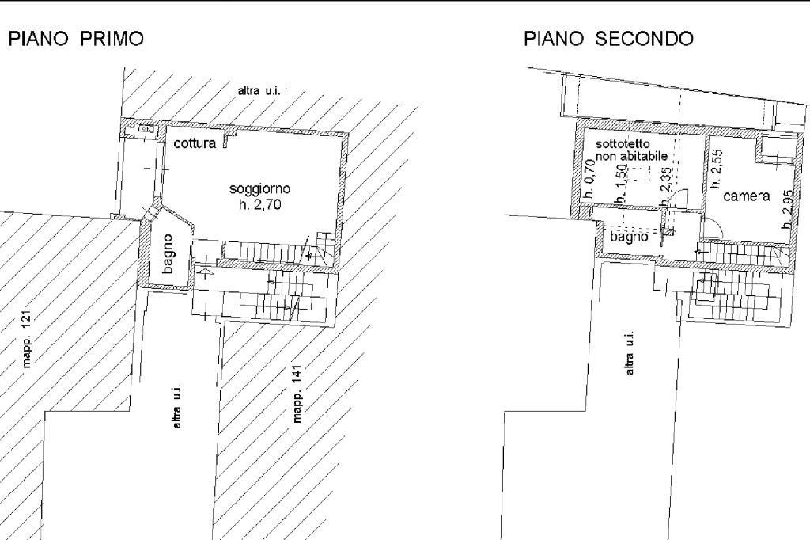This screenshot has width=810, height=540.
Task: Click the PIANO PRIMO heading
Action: pyautogui.click(x=77, y=39)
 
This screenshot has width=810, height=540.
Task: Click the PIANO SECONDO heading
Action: pyautogui.click(x=608, y=39)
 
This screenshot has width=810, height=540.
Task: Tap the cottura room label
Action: pyautogui.click(x=195, y=143)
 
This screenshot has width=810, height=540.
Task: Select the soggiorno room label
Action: pyautogui.click(x=259, y=189)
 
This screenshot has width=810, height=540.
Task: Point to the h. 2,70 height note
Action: pyautogui.click(x=259, y=205)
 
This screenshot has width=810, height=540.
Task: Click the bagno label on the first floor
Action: pyautogui.click(x=168, y=254)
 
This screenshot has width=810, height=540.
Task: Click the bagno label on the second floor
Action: pyautogui.click(x=629, y=237)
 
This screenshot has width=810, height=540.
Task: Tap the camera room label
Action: pyautogui.click(x=747, y=196)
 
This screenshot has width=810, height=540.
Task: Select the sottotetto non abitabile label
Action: pyautogui.click(x=631, y=150)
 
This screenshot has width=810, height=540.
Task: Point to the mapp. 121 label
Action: pyautogui.click(x=27, y=340)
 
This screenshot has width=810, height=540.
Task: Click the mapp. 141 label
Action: pyautogui.click(x=297, y=394)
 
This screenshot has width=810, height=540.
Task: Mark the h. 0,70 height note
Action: pyautogui.click(x=589, y=179)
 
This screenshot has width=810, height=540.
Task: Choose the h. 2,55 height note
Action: pyautogui.click(x=717, y=169)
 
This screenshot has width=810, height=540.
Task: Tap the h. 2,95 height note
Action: pyautogui.click(x=787, y=210)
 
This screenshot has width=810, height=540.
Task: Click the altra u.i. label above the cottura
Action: pyautogui.click(x=259, y=91)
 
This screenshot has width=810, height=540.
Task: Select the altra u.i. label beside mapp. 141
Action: pyautogui.click(x=176, y=406)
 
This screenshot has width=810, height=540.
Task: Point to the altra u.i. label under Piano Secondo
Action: pyautogui.click(x=629, y=353)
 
